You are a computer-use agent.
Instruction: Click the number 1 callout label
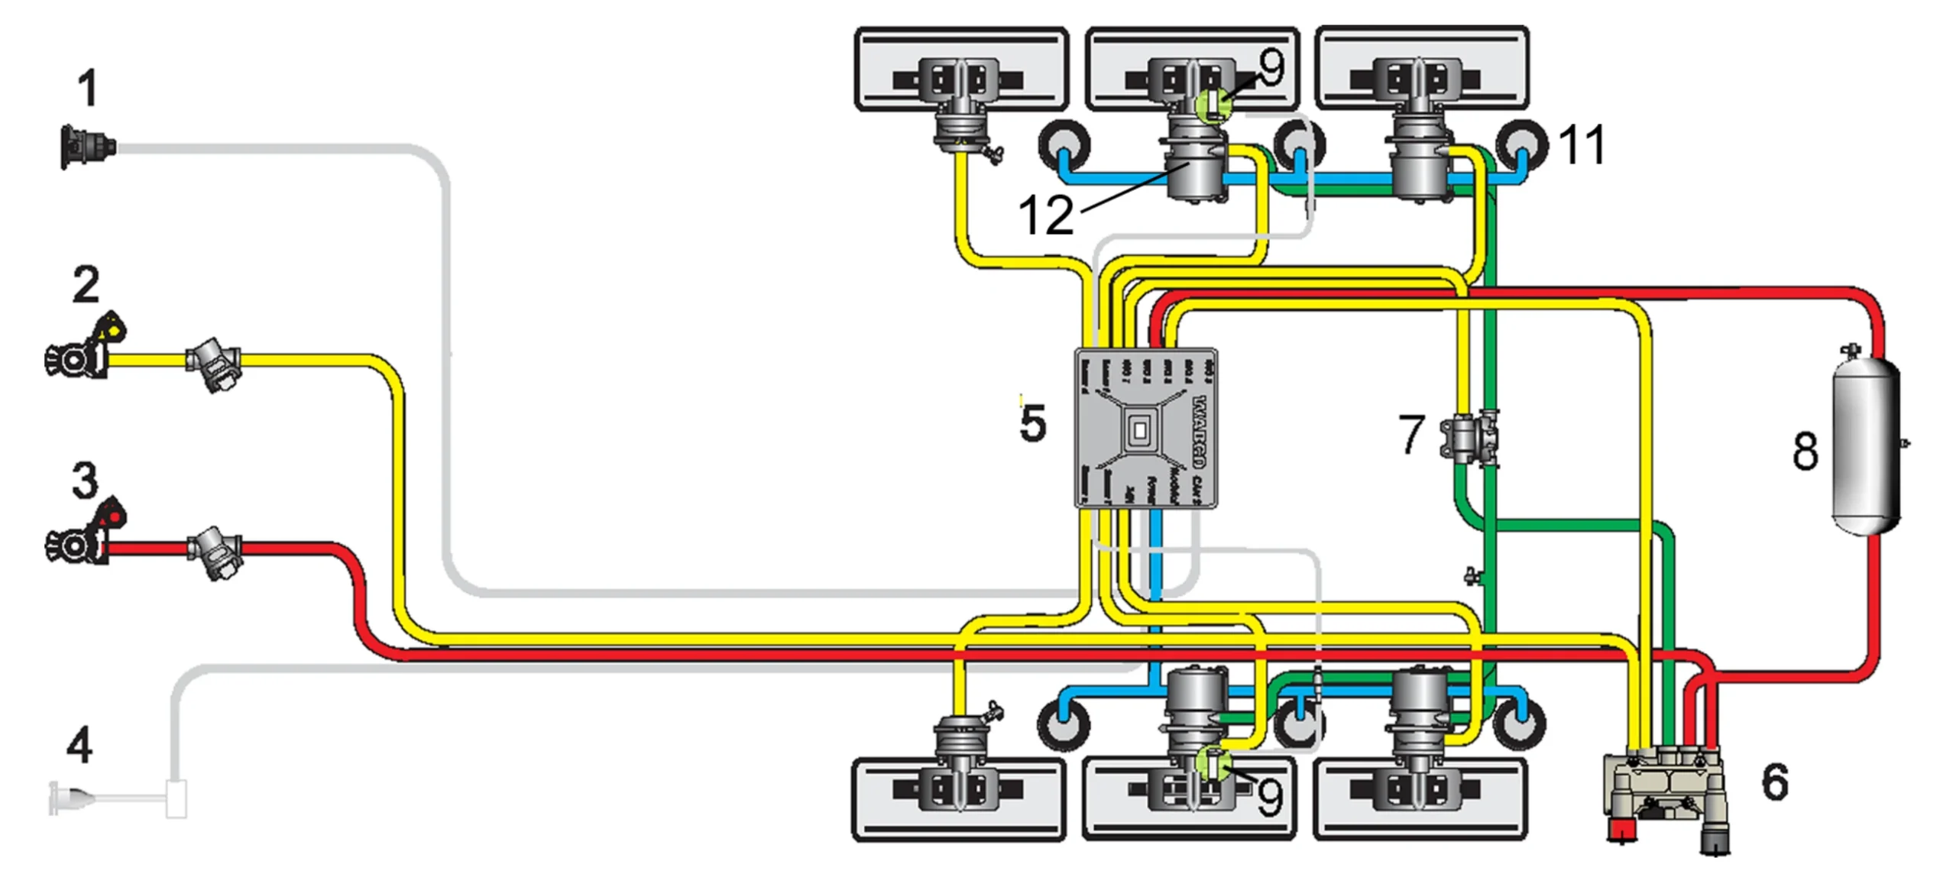click(88, 88)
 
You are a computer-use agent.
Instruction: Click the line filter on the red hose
click(215, 552)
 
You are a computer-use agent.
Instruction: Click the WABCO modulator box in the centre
click(1145, 429)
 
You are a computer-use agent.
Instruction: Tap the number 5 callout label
click(1032, 424)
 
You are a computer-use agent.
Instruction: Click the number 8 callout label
click(1805, 451)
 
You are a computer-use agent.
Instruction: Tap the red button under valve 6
click(1621, 829)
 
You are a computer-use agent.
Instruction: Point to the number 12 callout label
click(1046, 215)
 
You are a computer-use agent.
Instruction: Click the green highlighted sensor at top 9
click(1213, 105)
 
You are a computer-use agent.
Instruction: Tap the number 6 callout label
click(1774, 782)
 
